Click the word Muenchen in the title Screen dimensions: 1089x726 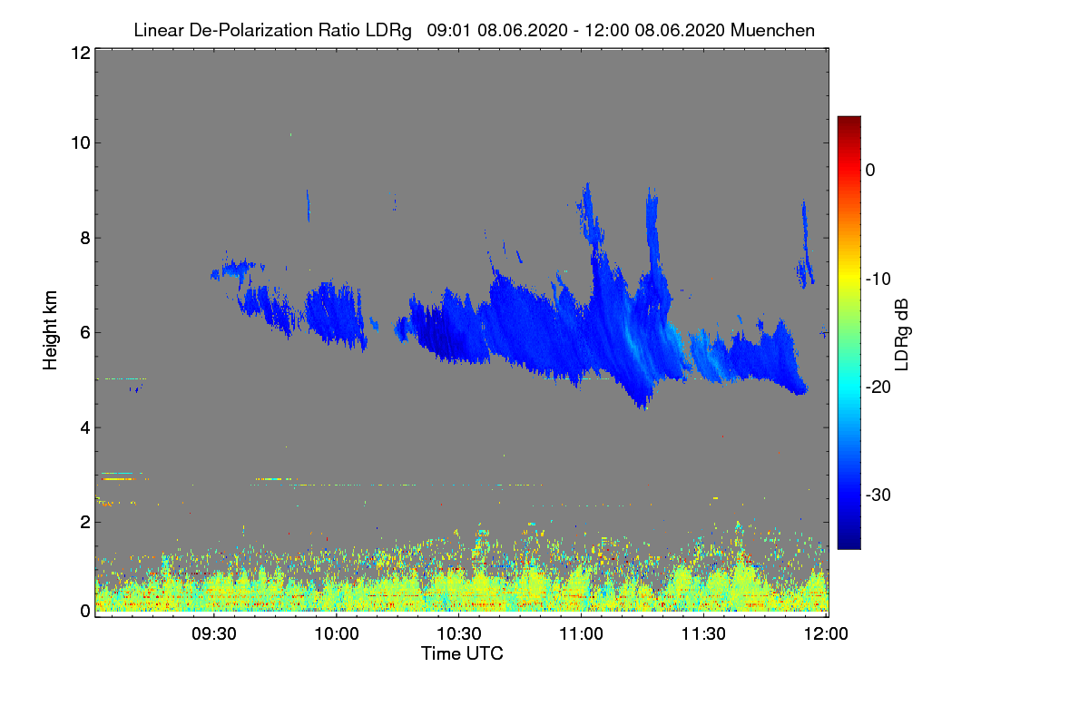click(772, 30)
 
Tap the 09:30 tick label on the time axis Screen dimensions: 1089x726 click(214, 633)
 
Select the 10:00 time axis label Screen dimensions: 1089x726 click(337, 633)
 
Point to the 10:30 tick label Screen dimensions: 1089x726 click(459, 633)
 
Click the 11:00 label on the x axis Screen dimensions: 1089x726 click(581, 633)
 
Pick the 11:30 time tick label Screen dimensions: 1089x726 click(703, 633)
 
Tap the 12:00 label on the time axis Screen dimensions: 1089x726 click(826, 633)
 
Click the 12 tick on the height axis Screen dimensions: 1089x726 click(81, 53)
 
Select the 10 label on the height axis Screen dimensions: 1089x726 click(81, 143)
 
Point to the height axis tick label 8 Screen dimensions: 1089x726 click(86, 238)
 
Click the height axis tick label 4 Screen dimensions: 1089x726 click(86, 428)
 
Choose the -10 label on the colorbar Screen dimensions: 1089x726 click(878, 280)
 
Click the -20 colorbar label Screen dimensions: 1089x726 click(878, 388)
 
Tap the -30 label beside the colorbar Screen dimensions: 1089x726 click(878, 495)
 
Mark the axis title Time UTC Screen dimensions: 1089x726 click(462, 653)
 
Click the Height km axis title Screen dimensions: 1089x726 click(50, 330)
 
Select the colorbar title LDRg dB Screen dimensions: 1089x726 click(902, 335)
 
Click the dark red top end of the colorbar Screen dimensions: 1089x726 click(849, 119)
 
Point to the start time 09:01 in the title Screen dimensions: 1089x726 click(449, 30)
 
